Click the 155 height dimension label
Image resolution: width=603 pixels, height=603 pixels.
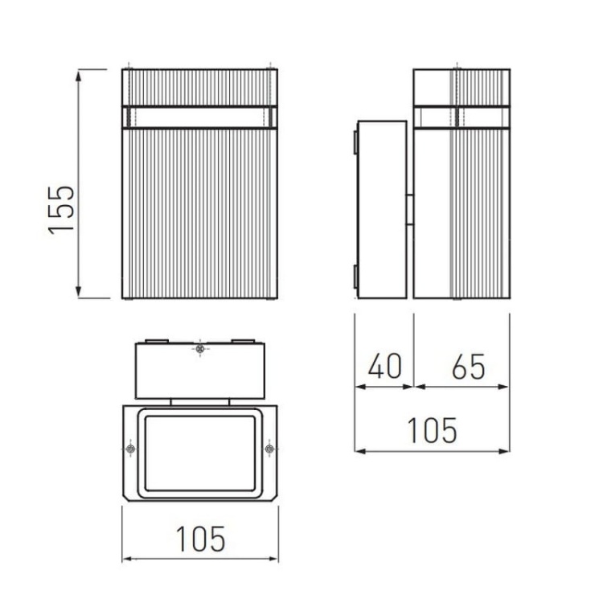tap(61, 210)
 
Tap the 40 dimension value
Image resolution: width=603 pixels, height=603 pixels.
tap(385, 366)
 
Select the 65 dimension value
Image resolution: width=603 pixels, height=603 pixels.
tap(469, 367)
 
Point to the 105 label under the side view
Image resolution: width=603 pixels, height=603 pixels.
tap(433, 430)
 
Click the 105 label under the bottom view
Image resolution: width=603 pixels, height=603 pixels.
tap(201, 539)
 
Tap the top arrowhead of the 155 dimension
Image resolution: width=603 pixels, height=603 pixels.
tap(79, 76)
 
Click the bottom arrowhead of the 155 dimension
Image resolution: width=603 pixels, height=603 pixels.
tap(79, 292)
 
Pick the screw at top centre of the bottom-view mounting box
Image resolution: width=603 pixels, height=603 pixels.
tap(199, 349)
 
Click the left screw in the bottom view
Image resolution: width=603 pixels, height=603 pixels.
tap(131, 449)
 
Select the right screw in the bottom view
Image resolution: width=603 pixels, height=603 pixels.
tap(269, 449)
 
